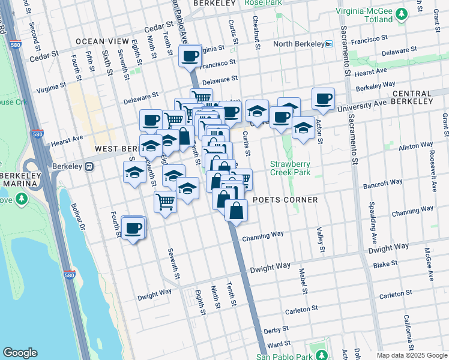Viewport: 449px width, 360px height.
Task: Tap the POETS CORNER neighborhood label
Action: pyautogui.click(x=285, y=200)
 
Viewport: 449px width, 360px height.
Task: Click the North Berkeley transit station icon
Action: pyautogui.click(x=328, y=44)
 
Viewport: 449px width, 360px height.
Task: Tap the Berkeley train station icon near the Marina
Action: pyautogui.click(x=89, y=167)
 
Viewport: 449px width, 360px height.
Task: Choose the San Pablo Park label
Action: pyautogui.click(x=292, y=356)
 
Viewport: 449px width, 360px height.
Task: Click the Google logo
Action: pyautogui.click(x=20, y=353)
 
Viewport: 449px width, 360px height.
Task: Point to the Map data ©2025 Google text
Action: pyautogui.click(x=412, y=355)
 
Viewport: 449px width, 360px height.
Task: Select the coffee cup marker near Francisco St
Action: pyautogui.click(x=190, y=57)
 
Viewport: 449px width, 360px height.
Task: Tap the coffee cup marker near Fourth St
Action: pyautogui.click(x=133, y=228)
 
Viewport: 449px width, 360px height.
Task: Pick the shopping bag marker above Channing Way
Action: pyautogui.click(x=237, y=211)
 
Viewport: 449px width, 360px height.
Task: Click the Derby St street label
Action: pyautogui.click(x=277, y=330)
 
